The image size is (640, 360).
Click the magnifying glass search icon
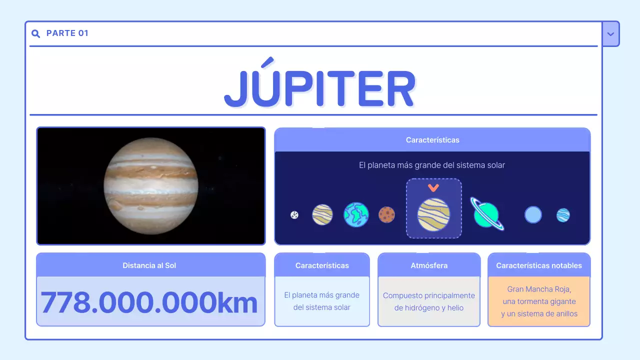click(35, 33)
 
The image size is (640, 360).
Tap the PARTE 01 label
click(67, 33)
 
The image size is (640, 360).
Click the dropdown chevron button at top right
click(610, 34)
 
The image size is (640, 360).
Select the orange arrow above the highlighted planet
click(433, 187)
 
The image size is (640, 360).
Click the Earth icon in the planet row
click(356, 214)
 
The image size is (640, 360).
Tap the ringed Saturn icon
click(486, 214)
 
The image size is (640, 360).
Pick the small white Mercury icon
click(294, 215)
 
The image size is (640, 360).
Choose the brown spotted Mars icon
click(386, 215)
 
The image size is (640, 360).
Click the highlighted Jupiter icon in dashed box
click(433, 214)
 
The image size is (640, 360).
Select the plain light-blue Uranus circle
click(533, 215)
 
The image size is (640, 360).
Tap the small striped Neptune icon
click(563, 215)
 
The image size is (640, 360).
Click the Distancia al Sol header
click(149, 265)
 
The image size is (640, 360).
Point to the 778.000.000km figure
click(149, 302)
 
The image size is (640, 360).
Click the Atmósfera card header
click(429, 265)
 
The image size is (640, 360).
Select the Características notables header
click(539, 265)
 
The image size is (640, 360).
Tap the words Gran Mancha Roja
click(539, 289)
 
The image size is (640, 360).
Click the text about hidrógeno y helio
click(428, 308)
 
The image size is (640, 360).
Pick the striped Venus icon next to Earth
click(322, 214)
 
